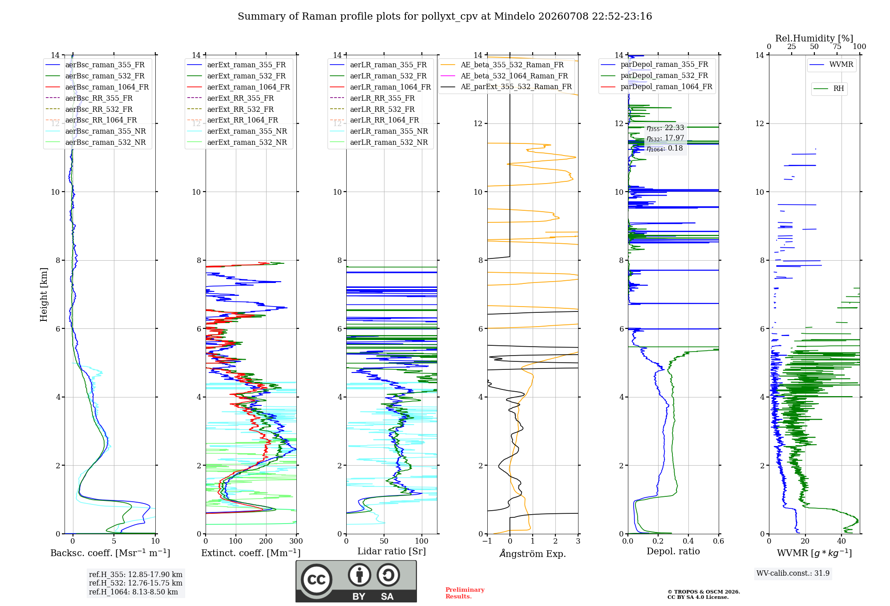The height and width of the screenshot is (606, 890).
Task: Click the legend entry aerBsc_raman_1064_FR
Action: coord(97,87)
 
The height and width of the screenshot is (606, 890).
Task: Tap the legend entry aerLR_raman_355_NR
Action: coord(379,131)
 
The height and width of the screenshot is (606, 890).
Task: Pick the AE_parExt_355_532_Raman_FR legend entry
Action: coord(506,87)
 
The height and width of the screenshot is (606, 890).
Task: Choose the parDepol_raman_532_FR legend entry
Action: coord(655,76)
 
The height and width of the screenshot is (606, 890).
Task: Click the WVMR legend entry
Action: coord(832,65)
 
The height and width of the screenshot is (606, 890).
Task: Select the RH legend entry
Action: coord(829,89)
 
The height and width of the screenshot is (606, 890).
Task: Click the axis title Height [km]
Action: coord(44,295)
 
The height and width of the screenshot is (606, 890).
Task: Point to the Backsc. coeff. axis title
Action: coord(110,553)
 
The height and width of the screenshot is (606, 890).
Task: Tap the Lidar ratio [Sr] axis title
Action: coord(392,552)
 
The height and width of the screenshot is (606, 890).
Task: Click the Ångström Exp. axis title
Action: coord(533,553)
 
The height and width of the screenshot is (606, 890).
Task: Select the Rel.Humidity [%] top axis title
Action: coord(814,38)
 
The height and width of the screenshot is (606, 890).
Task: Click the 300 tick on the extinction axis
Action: coord(296,541)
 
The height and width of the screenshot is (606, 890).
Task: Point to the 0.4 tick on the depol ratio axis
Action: coord(688,541)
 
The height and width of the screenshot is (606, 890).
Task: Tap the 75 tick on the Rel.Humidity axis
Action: coord(837,47)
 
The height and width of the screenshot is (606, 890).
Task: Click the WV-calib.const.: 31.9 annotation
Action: coord(793,573)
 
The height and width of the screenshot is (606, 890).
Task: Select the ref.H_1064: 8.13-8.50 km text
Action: coord(133,592)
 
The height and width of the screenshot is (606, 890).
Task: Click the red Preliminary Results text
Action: coord(465,593)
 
